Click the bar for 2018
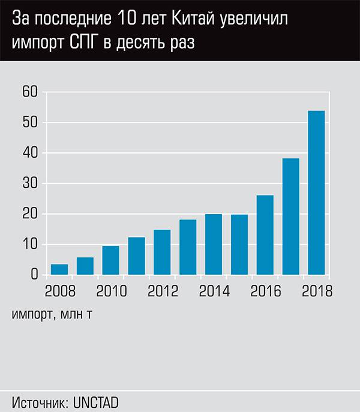(316, 193)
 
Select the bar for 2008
(59, 269)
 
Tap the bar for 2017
(290, 216)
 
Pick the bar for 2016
(265, 235)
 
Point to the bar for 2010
(110, 260)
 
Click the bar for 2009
(85, 266)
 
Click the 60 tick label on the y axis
(30, 92)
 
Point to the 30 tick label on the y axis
(30, 184)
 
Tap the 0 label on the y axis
(34, 275)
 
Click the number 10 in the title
(136, 20)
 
